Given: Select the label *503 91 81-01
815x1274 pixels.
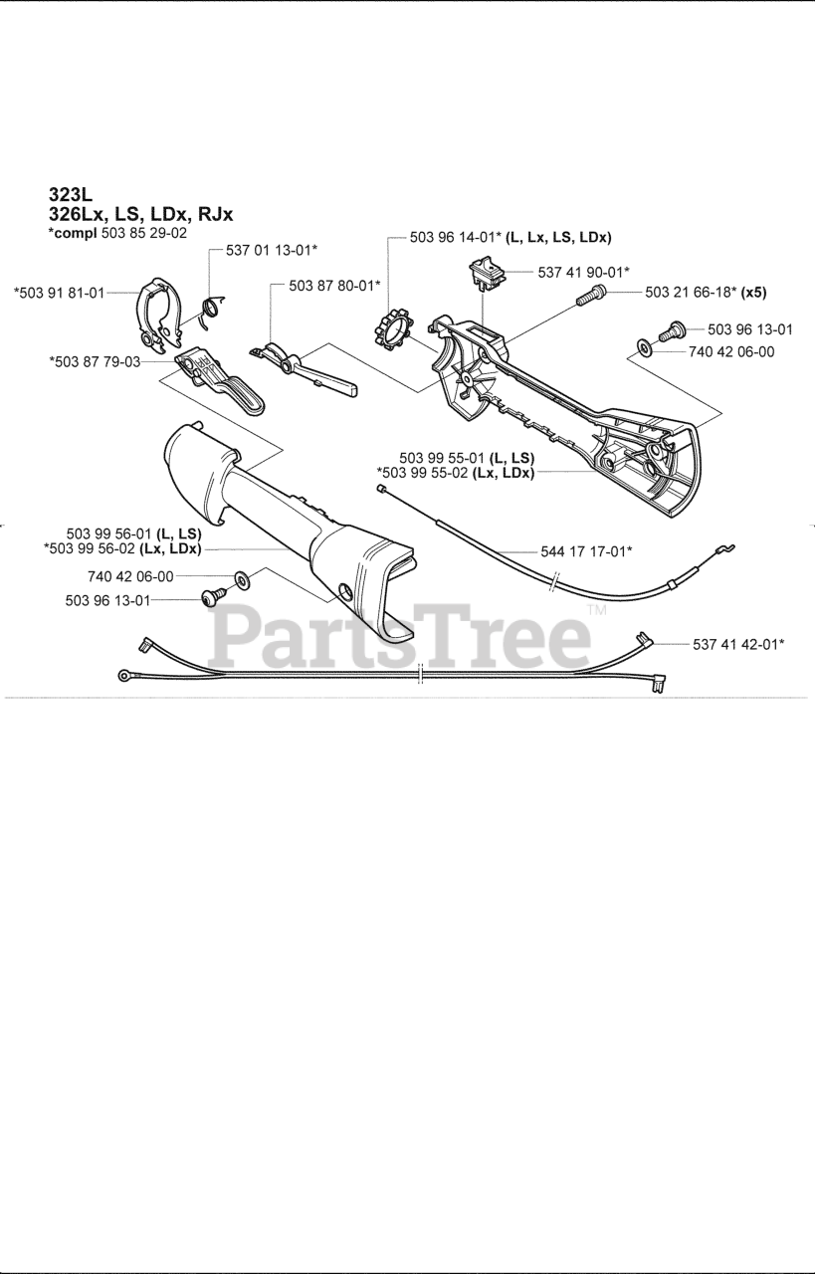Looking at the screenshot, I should pos(59,293).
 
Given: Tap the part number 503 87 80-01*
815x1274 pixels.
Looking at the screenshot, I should pos(335,285).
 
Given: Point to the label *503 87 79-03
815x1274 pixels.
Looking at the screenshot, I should pos(95,361).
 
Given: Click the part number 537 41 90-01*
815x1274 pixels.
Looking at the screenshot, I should pos(584,271).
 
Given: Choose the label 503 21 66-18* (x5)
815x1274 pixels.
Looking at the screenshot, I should pos(706,292).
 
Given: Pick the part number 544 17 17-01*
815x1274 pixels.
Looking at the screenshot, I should pos(587,549).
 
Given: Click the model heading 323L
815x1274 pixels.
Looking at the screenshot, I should pos(70,195).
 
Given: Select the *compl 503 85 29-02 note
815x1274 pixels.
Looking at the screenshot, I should pos(117,233).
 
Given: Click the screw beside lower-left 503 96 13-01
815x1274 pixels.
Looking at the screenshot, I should pos(211,599).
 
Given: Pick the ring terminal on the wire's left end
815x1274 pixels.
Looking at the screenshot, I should pos(125,677).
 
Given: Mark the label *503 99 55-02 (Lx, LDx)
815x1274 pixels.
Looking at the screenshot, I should pos(456,473).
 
